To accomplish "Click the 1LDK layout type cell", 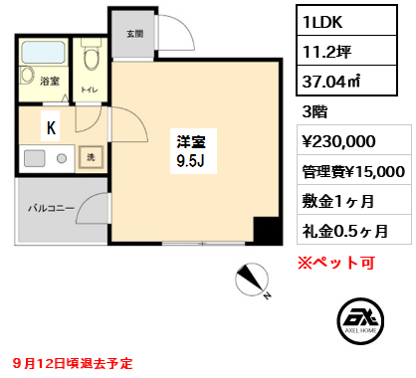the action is click(346, 21).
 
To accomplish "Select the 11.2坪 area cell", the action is click(346, 51).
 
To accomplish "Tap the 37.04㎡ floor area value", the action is click(346, 81).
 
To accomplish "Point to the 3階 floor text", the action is click(314, 111).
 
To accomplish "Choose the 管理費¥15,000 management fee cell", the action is click(354, 170).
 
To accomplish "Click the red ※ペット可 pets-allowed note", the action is click(336, 263).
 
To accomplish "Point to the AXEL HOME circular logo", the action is click(360, 320).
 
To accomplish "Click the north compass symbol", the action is click(252, 280).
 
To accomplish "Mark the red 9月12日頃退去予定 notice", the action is click(73, 363).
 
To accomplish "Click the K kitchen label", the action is click(51, 127).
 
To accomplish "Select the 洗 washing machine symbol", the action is click(91, 157).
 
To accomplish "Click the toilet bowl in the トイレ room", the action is click(90, 56).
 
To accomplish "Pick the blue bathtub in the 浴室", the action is click(43, 52).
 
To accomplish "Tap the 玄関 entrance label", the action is click(134, 34).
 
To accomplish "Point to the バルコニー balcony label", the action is click(51, 208).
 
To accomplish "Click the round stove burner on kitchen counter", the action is click(62, 158).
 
